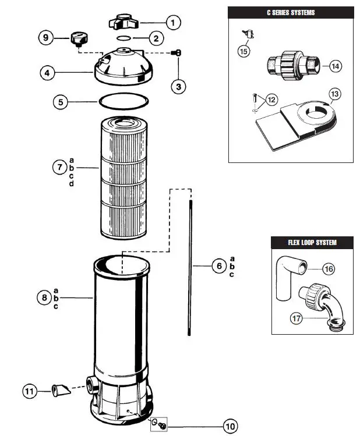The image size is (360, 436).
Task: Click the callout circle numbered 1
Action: point(172,23)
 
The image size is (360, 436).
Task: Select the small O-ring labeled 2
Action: point(124,38)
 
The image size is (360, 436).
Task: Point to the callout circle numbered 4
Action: point(48,73)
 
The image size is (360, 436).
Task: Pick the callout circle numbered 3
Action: point(179,87)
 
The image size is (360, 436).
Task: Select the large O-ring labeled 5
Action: point(121,102)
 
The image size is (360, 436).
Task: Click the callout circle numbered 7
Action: point(59,168)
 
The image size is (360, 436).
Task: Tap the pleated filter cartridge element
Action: point(122,178)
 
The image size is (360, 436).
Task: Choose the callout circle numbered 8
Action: point(44,297)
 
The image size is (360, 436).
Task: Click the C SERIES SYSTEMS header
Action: point(290,12)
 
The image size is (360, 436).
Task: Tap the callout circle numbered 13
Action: point(334,94)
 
